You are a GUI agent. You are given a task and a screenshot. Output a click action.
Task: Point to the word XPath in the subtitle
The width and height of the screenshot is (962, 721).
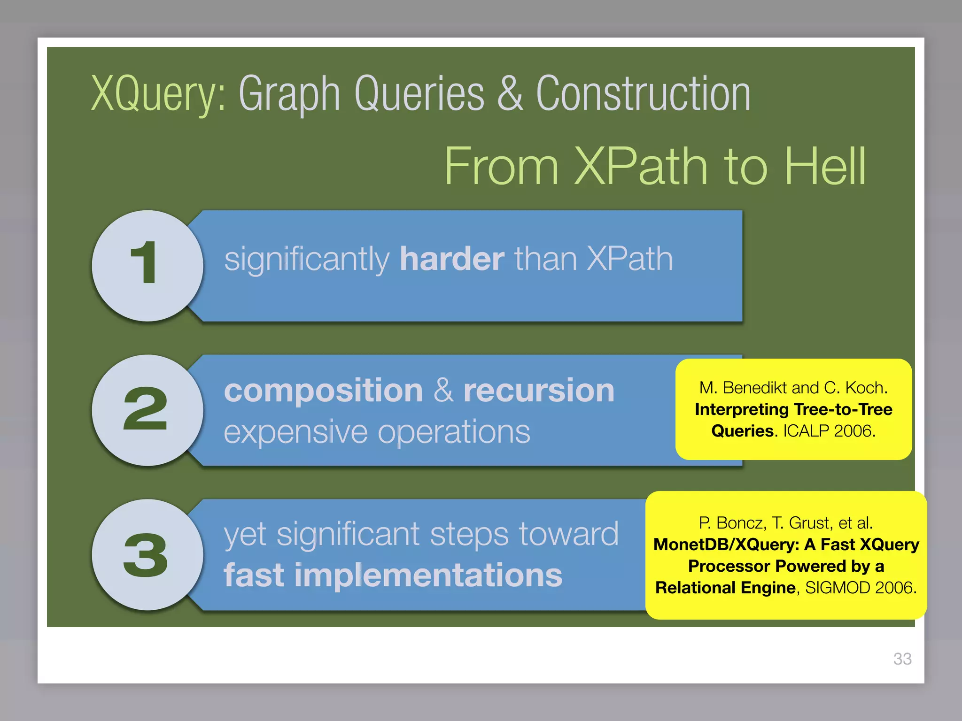point(641,166)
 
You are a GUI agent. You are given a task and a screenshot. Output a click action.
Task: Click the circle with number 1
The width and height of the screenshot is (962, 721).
point(147,266)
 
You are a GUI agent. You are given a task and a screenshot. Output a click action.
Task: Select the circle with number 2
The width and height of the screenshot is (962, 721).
point(147,410)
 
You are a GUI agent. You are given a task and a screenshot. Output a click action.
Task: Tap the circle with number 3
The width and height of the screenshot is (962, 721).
point(147,555)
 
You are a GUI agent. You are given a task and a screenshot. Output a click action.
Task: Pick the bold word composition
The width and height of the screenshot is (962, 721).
point(324,391)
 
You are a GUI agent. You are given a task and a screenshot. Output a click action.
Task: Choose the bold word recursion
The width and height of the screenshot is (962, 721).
point(539,391)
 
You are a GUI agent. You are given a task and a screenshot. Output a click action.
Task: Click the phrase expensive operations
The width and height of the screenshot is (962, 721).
point(377,432)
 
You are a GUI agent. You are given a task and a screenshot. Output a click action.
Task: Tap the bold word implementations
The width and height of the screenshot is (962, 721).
point(428,575)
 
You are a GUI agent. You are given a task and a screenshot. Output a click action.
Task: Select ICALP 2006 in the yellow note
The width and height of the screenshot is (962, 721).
point(829,431)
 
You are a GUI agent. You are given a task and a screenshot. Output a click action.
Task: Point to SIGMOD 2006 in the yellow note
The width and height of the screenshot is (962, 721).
point(861,588)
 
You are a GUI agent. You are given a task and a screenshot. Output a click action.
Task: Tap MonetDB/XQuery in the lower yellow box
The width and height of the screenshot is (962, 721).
point(726,545)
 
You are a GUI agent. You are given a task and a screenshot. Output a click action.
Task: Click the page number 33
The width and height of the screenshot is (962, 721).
point(902,659)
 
